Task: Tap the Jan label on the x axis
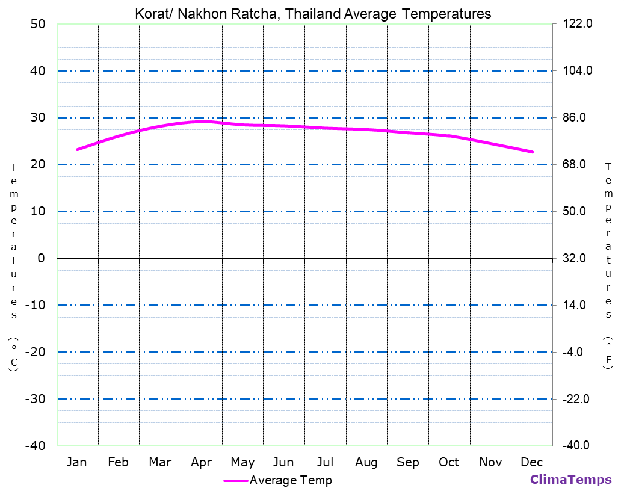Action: point(76,462)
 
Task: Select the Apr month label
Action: point(201,462)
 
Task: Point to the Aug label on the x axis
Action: point(366,462)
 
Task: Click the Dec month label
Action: point(532,462)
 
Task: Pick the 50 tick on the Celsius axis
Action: point(37,24)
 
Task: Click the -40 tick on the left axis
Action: point(34,445)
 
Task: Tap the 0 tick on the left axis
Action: point(41,258)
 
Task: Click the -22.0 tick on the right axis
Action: point(576,399)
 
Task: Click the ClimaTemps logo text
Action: point(570,480)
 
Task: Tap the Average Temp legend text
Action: point(290,480)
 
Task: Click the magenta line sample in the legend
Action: point(235,481)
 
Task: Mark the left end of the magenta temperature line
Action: point(78,149)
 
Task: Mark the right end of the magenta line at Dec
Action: point(532,152)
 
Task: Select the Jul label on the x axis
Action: point(325,462)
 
